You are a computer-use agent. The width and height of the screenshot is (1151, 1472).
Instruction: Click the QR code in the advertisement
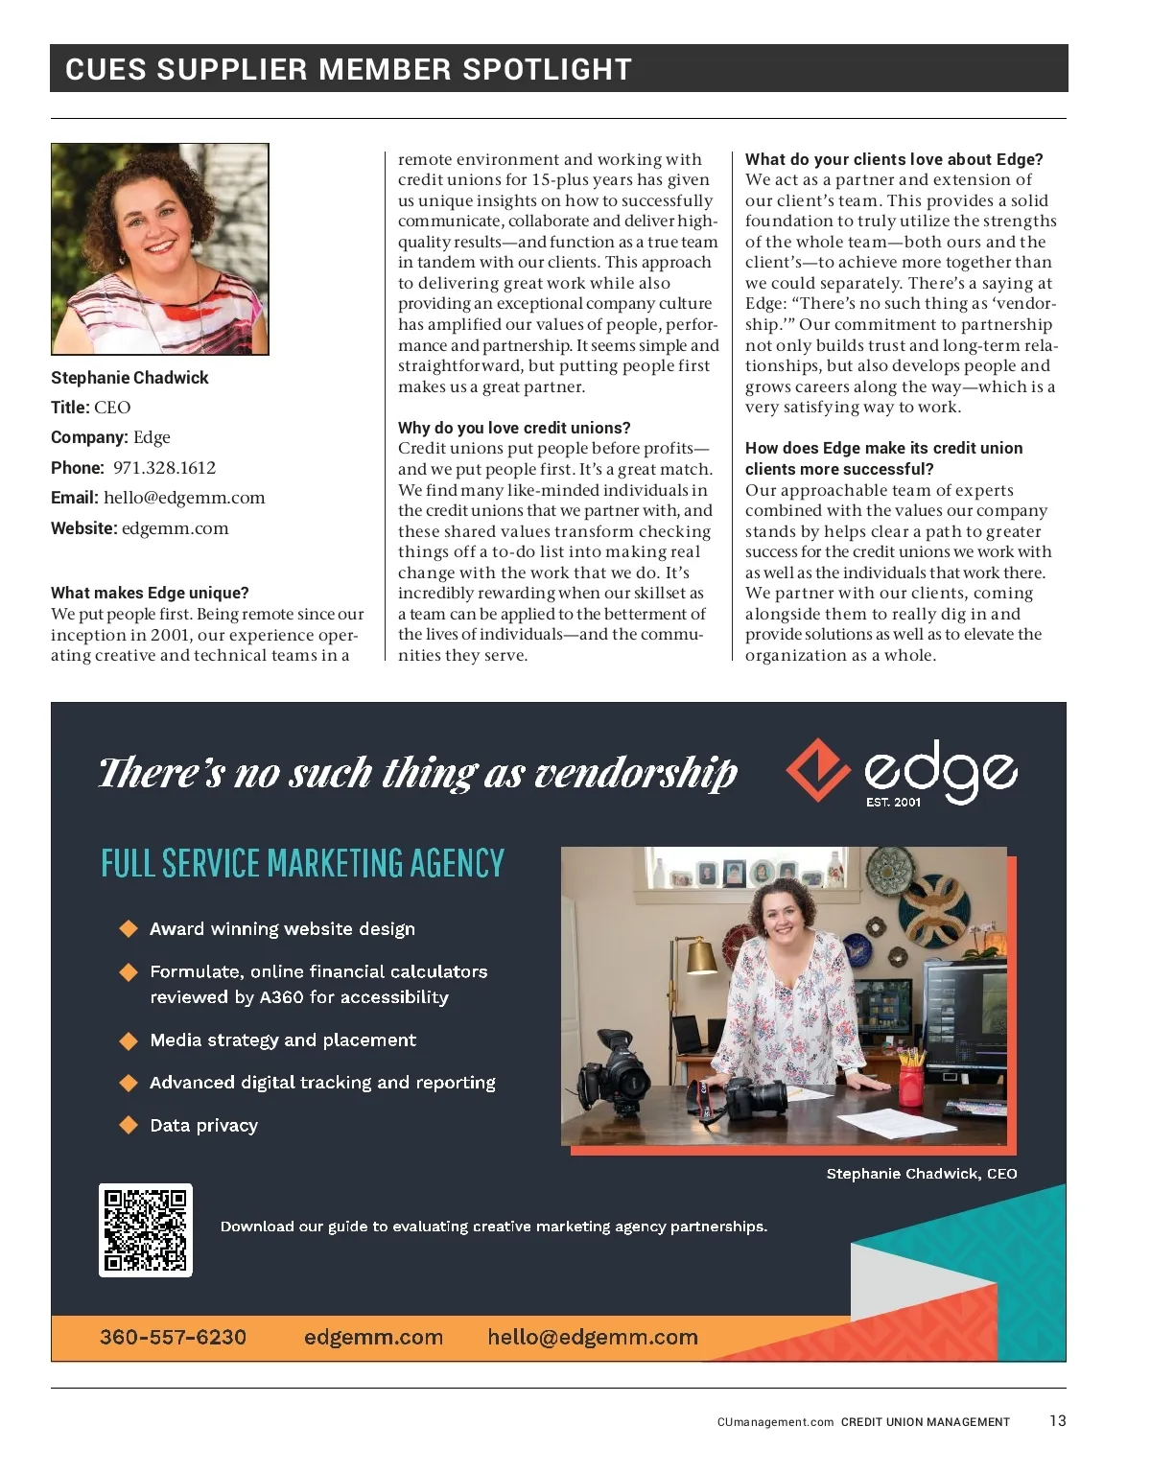(x=146, y=1230)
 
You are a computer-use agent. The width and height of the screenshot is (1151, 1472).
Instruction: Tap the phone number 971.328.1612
(x=164, y=468)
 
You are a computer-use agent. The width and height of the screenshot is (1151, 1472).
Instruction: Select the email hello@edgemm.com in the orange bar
(x=592, y=1337)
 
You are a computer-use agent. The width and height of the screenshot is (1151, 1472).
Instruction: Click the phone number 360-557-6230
(x=173, y=1337)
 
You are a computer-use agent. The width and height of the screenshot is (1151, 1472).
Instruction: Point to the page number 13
(x=1057, y=1420)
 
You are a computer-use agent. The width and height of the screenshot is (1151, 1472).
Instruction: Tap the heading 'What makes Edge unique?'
(x=150, y=593)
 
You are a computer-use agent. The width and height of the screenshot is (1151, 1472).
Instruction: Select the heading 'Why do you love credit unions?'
(x=514, y=428)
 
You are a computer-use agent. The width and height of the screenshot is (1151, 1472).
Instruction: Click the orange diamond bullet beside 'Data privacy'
(x=129, y=1125)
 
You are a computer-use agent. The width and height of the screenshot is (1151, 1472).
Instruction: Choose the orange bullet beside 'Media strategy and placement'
(x=129, y=1040)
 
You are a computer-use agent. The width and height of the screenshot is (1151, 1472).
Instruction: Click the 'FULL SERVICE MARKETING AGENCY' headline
(x=302, y=863)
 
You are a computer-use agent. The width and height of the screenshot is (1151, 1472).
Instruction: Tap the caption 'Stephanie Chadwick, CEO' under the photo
(x=921, y=1174)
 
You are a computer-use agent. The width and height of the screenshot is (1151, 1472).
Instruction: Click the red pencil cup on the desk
(x=911, y=1085)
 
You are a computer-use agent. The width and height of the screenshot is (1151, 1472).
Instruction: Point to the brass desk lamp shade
(x=700, y=955)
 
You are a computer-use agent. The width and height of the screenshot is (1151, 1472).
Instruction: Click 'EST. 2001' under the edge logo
(x=893, y=802)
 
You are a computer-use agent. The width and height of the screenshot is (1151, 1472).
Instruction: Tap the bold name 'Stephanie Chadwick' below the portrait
(x=129, y=378)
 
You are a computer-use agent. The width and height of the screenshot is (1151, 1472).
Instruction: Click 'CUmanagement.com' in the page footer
(x=775, y=1422)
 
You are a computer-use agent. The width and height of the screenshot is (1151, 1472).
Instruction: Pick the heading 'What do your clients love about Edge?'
(x=894, y=159)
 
